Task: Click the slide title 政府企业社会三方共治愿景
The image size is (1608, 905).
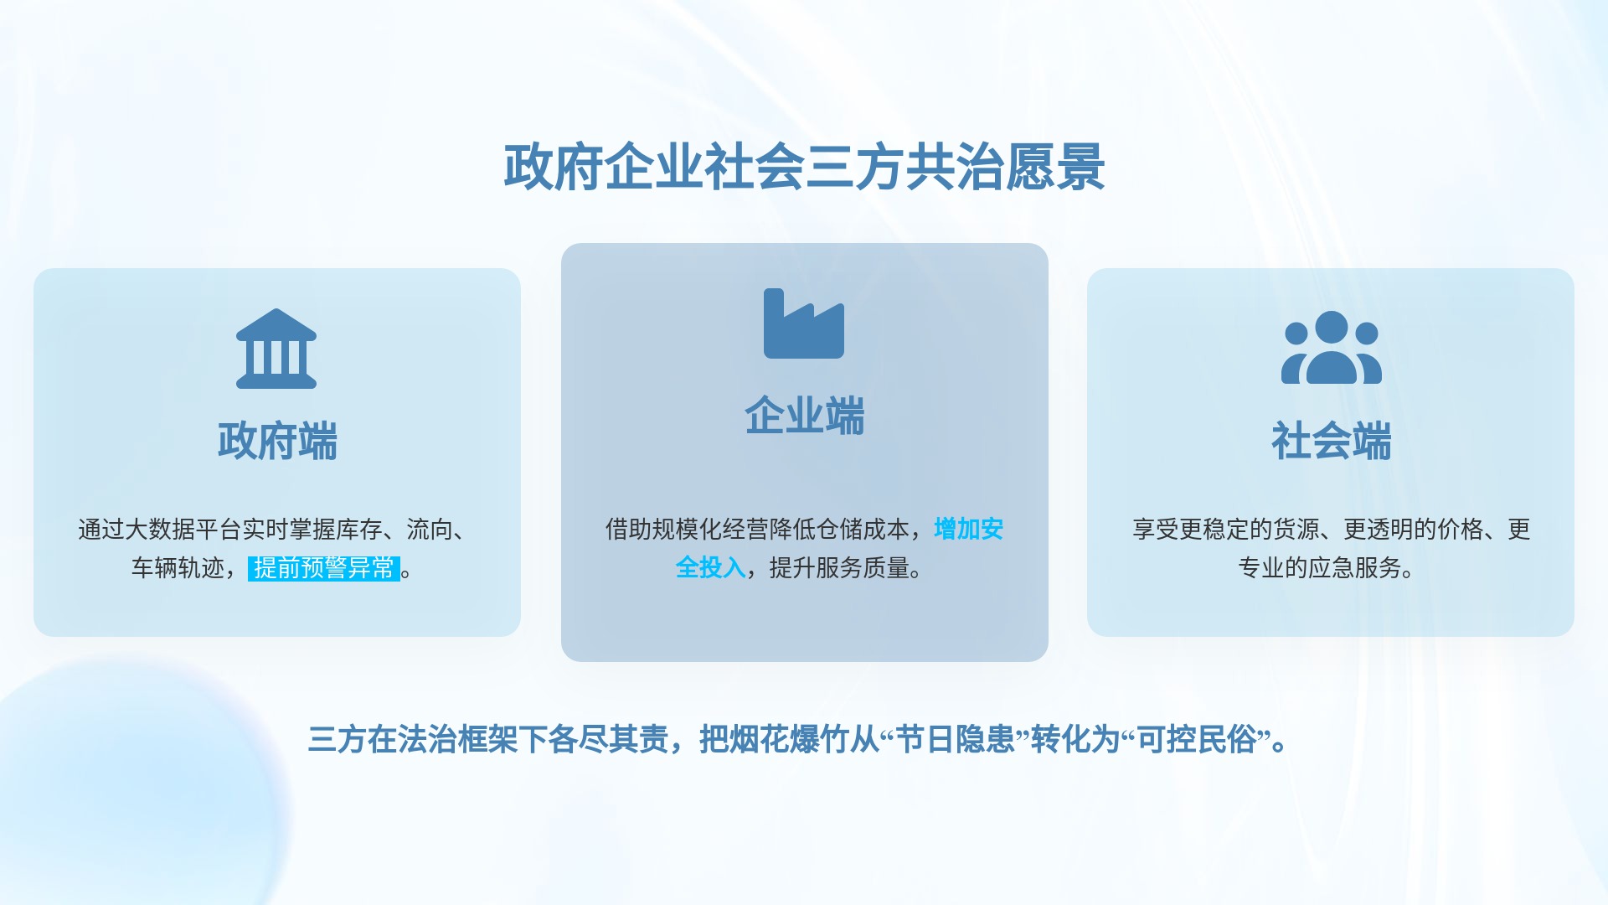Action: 804,168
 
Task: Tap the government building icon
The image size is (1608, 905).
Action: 276,349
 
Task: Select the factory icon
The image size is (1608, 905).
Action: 804,323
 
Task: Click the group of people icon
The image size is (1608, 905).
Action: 1331,347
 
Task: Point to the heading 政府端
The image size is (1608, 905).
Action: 277,441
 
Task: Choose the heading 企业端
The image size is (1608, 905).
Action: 804,416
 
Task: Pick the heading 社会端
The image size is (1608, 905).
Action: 1331,441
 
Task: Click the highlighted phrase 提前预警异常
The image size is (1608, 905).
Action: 324,568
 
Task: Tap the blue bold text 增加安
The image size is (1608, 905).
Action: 969,529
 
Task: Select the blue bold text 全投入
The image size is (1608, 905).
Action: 710,568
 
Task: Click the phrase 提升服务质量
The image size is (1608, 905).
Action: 839,568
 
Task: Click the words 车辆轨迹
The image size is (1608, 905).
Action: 178,568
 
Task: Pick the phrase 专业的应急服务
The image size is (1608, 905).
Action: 1319,568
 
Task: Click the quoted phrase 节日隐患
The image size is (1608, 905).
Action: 955,740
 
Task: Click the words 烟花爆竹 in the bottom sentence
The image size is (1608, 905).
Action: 789,740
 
